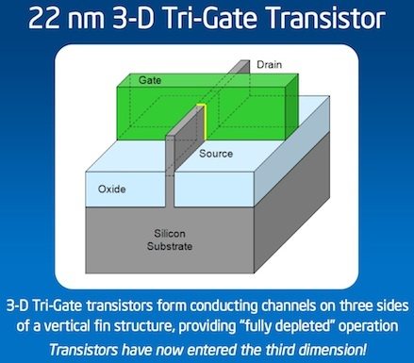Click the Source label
point(217,151)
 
